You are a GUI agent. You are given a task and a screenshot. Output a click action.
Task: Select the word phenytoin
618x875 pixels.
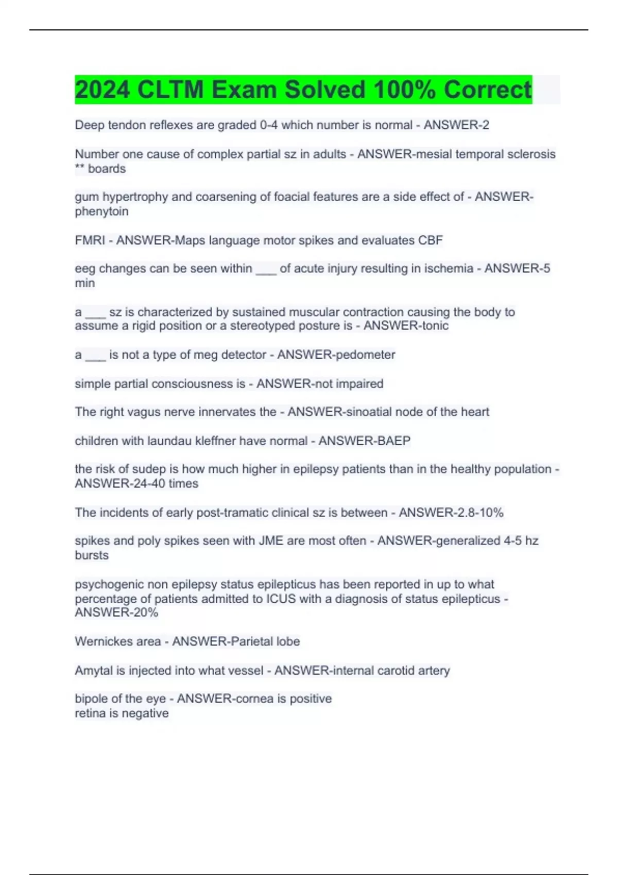click(x=101, y=212)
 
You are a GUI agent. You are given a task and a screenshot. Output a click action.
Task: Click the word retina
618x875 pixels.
click(x=90, y=713)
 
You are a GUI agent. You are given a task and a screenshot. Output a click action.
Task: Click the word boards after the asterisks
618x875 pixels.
click(x=107, y=169)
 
